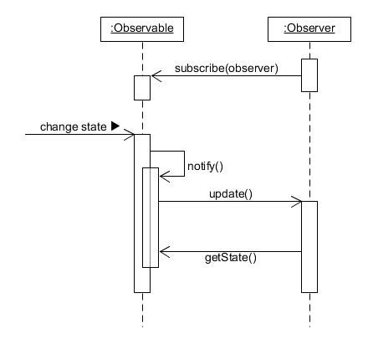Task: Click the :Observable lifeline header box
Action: coord(142,28)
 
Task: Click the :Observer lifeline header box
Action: coord(309,28)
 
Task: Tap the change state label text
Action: coord(74,127)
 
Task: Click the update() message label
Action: coord(230,193)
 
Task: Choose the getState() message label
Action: coord(230,258)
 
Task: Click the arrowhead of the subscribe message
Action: coord(155,76)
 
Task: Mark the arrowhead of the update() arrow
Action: coord(297,202)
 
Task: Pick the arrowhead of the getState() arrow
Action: coord(164,251)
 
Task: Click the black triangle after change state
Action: coord(115,127)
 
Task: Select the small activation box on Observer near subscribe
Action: coord(309,75)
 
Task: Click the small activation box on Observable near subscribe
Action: coord(142,87)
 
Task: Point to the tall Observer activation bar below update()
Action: coord(309,247)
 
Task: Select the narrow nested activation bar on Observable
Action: coord(150,218)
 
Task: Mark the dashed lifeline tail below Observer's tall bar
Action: coord(310,310)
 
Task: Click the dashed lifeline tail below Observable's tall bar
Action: coord(143,310)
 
